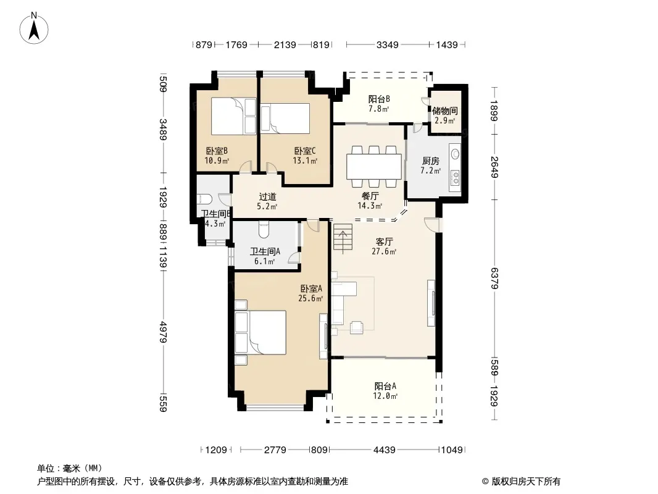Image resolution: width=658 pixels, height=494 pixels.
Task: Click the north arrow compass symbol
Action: point(34,28)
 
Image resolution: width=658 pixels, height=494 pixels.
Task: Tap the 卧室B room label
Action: point(217,151)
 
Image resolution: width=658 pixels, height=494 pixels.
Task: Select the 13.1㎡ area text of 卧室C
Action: point(305,161)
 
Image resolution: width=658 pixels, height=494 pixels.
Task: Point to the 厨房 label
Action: point(431,161)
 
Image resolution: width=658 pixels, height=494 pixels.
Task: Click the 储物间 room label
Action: point(445,111)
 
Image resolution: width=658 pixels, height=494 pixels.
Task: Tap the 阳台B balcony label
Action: point(380,99)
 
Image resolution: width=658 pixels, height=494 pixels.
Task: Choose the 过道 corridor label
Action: point(267,196)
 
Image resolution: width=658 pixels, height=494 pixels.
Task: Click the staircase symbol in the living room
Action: point(343,238)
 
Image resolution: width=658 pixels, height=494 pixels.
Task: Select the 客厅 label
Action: point(384,242)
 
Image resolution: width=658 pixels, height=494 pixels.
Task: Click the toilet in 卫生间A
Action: point(264,228)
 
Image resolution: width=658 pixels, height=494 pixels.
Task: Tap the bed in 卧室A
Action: point(260,332)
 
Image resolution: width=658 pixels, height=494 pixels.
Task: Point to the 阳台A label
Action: point(385,386)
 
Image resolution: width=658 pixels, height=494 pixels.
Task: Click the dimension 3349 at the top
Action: point(387,44)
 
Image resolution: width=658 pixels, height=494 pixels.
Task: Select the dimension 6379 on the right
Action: point(494,278)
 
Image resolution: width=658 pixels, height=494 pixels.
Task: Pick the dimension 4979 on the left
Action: point(163,332)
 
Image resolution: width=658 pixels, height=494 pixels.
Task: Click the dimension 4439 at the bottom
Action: point(385,450)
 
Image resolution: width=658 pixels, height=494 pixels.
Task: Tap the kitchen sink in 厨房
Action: point(456,154)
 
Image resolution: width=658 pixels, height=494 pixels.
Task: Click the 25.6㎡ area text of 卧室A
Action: point(310,298)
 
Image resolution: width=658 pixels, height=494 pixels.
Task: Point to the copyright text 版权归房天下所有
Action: point(526,482)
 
